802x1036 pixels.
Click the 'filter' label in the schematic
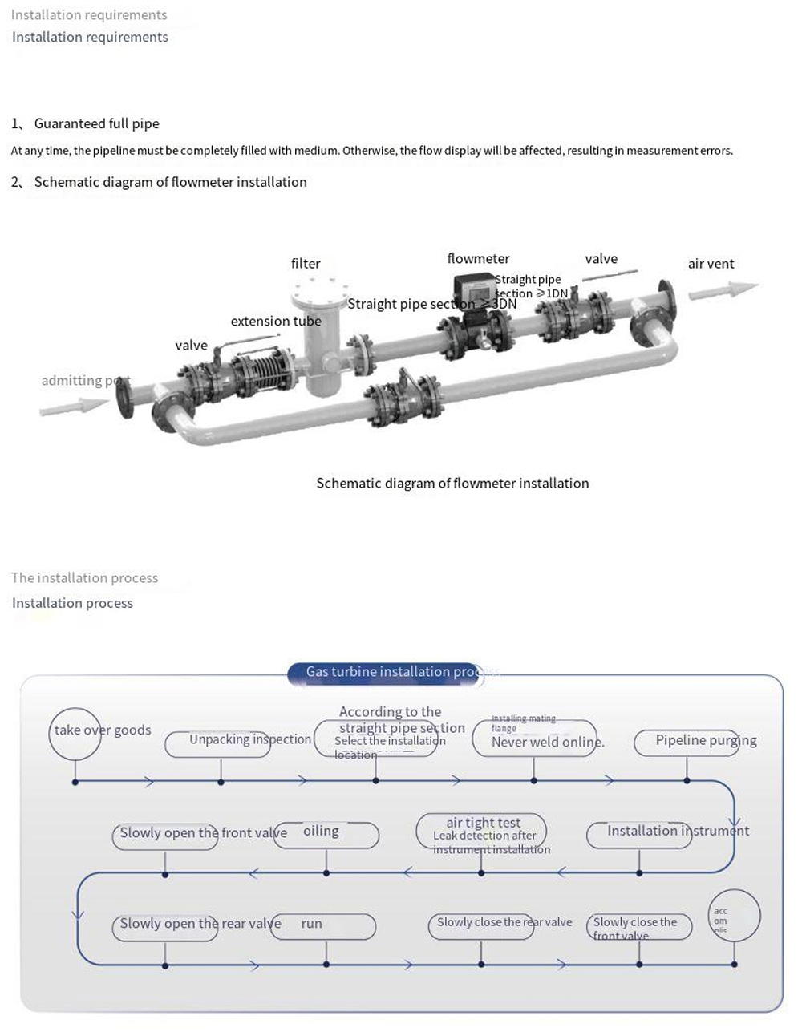(x=306, y=264)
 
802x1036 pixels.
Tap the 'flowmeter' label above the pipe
(x=478, y=258)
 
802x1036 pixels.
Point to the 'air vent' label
(x=711, y=264)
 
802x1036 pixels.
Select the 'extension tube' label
(x=276, y=321)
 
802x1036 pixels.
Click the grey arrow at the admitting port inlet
(x=74, y=407)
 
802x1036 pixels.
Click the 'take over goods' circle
(x=76, y=731)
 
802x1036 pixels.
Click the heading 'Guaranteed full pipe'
(x=96, y=123)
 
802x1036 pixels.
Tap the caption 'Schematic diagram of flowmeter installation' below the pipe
(x=452, y=483)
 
